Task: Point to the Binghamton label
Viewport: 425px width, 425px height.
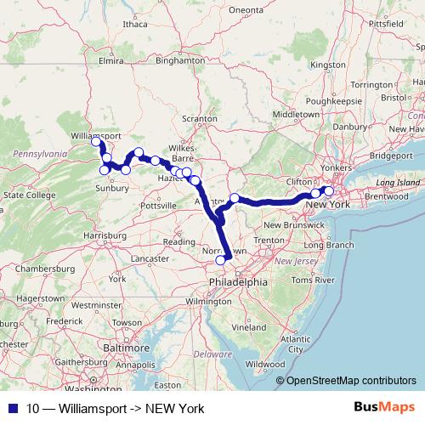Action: (181, 60)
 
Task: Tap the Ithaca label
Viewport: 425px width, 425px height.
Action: (134, 25)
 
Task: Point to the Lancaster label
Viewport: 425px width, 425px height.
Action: (150, 258)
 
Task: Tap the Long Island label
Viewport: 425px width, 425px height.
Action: (397, 183)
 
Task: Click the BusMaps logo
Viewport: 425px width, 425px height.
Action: (389, 408)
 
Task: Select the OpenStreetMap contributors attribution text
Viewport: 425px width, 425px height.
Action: (351, 382)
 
